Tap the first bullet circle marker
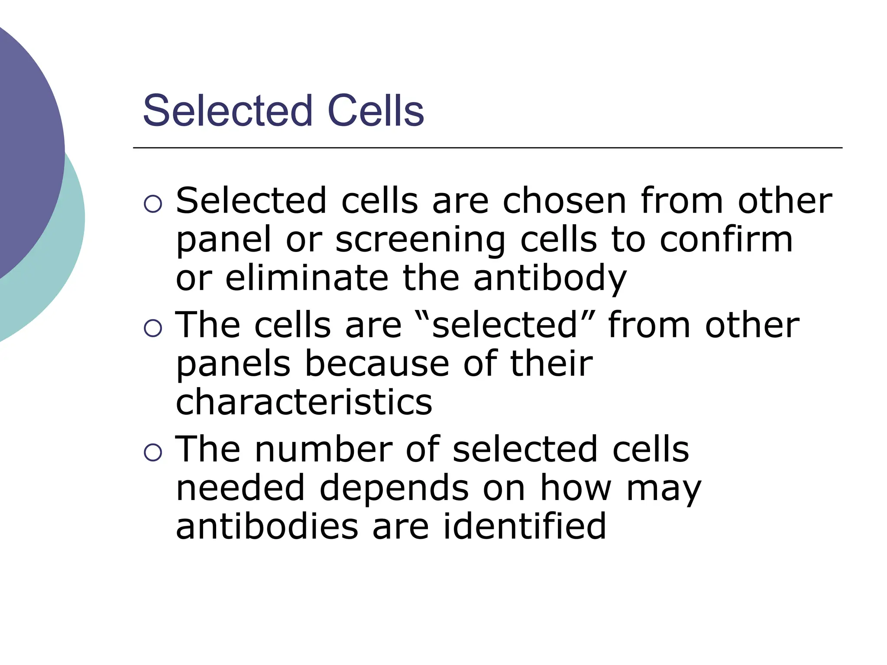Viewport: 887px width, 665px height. click(152, 204)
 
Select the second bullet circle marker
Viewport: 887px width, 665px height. click(152, 328)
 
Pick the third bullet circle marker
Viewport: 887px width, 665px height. click(152, 452)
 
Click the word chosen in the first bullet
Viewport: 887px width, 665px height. click(564, 201)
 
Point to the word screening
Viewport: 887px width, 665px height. click(420, 241)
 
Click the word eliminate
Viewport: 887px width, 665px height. click(307, 278)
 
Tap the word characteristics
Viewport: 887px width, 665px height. click(304, 402)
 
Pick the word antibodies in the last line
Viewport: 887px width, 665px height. click(267, 526)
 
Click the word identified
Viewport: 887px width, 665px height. click(524, 526)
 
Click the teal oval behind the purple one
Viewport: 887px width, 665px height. click(65, 260)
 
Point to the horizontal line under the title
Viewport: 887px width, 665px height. click(487, 148)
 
